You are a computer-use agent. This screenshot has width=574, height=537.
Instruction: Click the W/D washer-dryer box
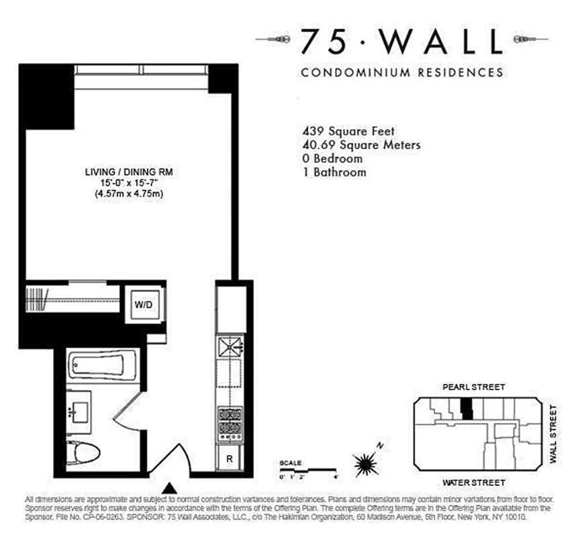[x=144, y=304]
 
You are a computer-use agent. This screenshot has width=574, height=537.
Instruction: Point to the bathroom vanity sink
[x=82, y=411]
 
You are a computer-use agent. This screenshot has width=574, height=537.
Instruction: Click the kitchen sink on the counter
[x=230, y=347]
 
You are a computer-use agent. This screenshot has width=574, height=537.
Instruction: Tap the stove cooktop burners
[x=230, y=422]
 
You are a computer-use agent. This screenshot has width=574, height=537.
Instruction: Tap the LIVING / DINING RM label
[x=124, y=172]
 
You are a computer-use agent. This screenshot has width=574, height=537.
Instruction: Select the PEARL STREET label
[x=473, y=387]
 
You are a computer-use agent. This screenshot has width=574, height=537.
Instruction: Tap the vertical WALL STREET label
[x=554, y=434]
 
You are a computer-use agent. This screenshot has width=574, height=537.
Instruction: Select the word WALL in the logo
[x=442, y=42]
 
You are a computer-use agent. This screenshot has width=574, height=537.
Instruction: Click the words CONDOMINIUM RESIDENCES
[x=402, y=72]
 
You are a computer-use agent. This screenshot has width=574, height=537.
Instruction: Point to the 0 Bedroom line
[x=333, y=159]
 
